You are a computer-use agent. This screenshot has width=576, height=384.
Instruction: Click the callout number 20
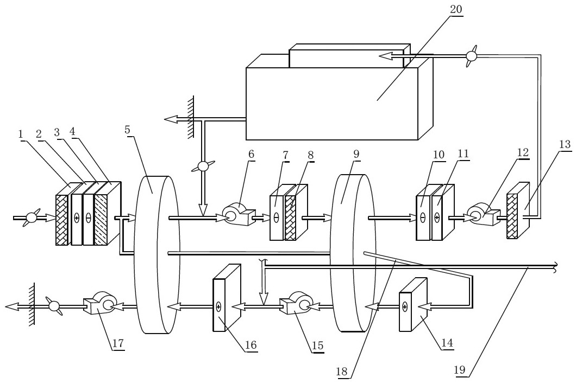click(x=456, y=9)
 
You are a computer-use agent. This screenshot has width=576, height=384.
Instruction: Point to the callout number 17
click(x=118, y=343)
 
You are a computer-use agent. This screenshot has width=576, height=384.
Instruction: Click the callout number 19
click(x=460, y=370)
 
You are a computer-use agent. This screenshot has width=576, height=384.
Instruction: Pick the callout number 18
click(x=342, y=372)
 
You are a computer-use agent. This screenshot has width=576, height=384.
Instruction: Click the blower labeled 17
click(x=99, y=303)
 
